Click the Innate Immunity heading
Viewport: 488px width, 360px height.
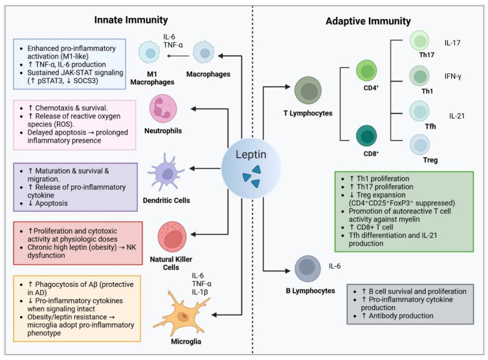pyautogui.click(x=131, y=20)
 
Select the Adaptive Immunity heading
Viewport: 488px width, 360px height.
pyautogui.click(x=368, y=21)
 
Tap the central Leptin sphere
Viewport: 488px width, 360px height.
pyautogui.click(x=251, y=168)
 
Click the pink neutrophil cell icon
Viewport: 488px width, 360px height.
pyautogui.click(x=163, y=109)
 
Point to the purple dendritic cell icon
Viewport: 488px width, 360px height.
pyautogui.click(x=166, y=172)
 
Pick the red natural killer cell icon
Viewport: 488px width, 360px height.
pyautogui.click(x=172, y=237)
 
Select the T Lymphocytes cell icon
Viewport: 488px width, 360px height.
pyautogui.click(x=308, y=90)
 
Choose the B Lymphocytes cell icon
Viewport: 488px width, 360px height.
pyautogui.click(x=307, y=269)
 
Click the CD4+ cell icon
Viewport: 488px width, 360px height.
pyautogui.click(x=366, y=71)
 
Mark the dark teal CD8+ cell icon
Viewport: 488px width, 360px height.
pyautogui.click(x=366, y=136)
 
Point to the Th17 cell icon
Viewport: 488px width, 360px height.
pyautogui.click(x=419, y=41)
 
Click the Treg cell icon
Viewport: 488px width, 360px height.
pyautogui.click(x=419, y=144)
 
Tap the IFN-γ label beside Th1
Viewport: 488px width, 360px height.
pyautogui.click(x=453, y=76)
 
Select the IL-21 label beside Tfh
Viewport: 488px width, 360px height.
pyautogui.click(x=456, y=116)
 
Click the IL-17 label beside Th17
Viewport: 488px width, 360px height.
pyautogui.click(x=452, y=43)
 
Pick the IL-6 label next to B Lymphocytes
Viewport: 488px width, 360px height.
pyautogui.click(x=335, y=266)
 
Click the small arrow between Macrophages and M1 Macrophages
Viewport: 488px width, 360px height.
pyautogui.click(x=178, y=56)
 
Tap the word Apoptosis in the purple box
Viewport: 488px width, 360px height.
pyautogui.click(x=51, y=203)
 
